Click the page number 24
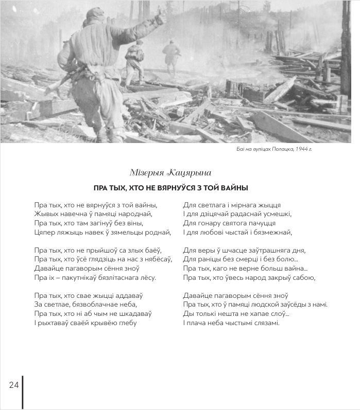pyautogui.click(x=13, y=385)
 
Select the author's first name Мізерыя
pyautogui.click(x=148, y=172)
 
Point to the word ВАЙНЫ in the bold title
pyautogui.click(x=234, y=188)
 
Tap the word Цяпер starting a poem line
pyautogui.click(x=44, y=232)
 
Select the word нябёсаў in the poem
pyautogui.click(x=159, y=259)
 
